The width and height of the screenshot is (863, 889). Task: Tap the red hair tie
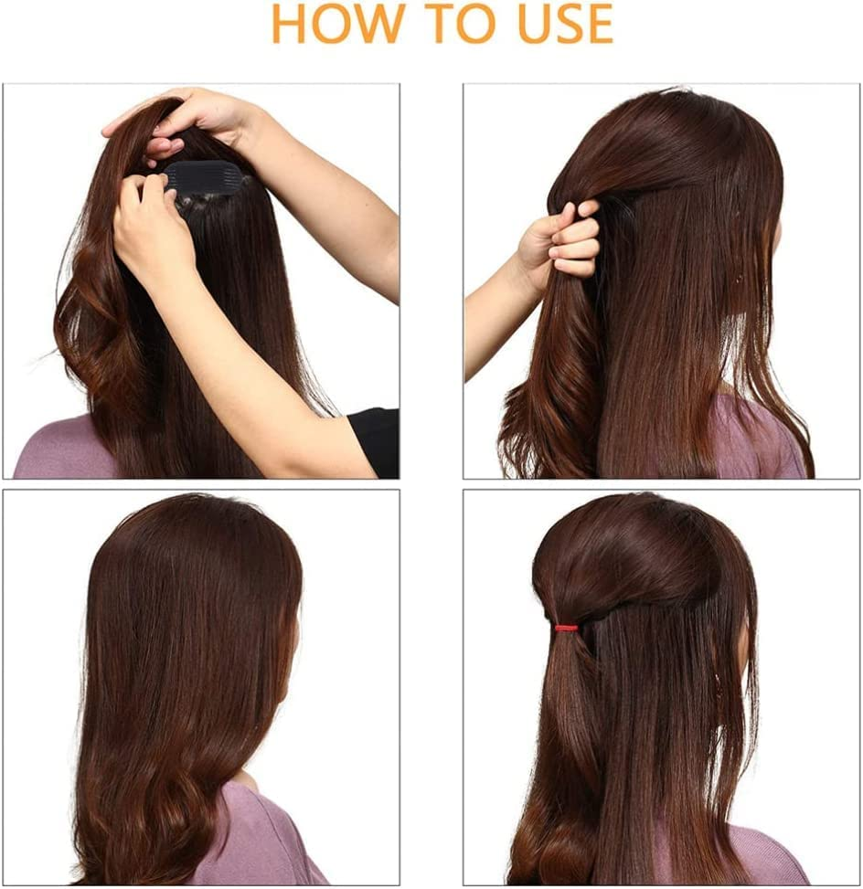[566, 629]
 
